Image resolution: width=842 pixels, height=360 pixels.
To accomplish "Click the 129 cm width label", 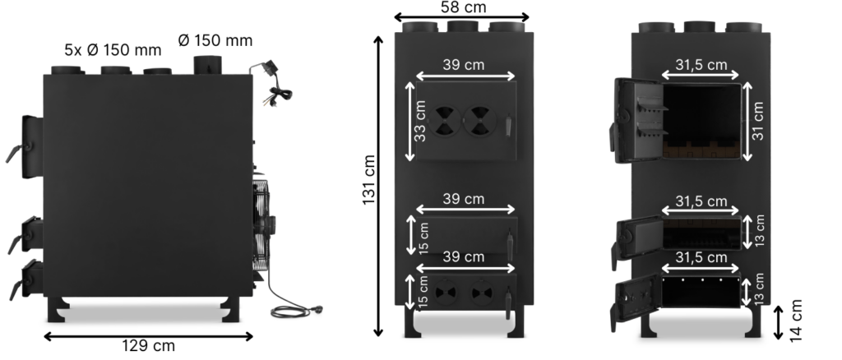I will (x=149, y=346).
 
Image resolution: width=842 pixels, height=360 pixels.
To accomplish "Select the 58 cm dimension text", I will (x=462, y=7).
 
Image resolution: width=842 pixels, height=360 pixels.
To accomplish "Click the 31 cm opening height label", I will (x=757, y=122).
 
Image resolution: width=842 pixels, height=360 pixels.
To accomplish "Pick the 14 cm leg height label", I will (x=796, y=321).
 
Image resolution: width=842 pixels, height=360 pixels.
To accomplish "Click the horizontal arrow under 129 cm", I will (x=149, y=335).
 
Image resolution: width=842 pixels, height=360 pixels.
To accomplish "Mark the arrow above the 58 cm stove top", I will (x=462, y=17).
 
